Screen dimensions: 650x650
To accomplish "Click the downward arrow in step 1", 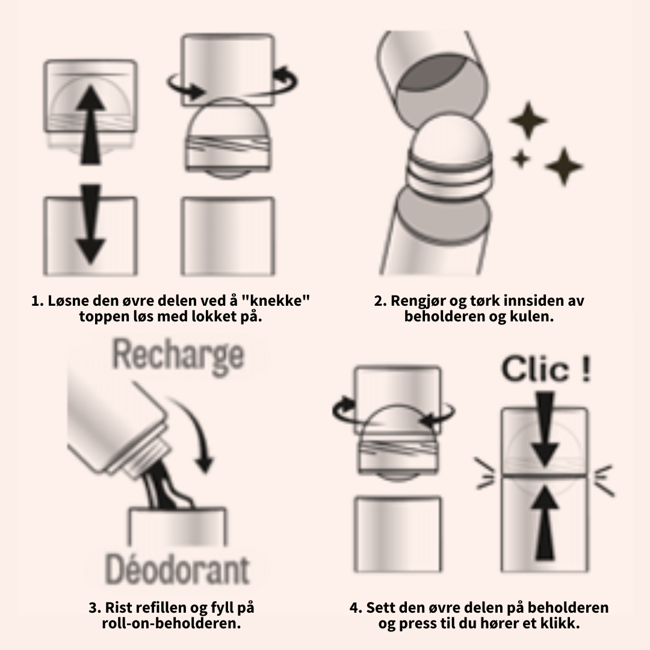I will click(90, 226).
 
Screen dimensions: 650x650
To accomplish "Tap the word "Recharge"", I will click(178, 355).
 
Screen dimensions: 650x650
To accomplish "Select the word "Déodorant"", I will click(176, 569).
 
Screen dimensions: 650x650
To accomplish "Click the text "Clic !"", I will click(545, 370).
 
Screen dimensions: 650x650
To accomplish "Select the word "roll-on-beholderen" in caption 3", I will click(172, 623).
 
